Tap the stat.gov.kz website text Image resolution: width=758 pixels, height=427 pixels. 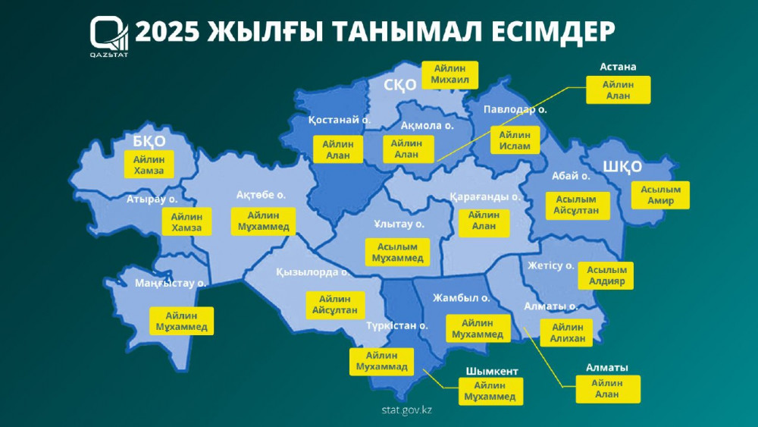tap(407, 410)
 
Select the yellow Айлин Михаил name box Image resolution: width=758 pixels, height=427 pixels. tap(450, 74)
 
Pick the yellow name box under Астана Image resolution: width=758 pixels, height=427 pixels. tap(617, 90)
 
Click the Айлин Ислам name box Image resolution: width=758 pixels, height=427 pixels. tap(515, 140)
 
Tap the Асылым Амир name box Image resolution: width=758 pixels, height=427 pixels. tap(661, 195)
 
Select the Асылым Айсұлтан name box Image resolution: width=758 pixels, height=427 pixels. tap(572, 204)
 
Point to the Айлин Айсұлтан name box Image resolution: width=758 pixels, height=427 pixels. tap(334, 304)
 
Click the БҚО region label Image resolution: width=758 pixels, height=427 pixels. tap(149, 140)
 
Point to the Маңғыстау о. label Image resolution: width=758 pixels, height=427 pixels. tap(171, 283)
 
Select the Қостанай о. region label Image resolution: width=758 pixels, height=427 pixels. tap(339, 120)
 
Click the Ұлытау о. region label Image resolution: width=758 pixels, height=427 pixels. tap(399, 224)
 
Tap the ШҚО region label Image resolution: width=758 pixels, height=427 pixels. tap(622, 167)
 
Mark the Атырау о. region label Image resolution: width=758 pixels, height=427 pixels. tap(152, 199)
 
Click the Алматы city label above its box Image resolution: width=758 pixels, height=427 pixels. tap(606, 367)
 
